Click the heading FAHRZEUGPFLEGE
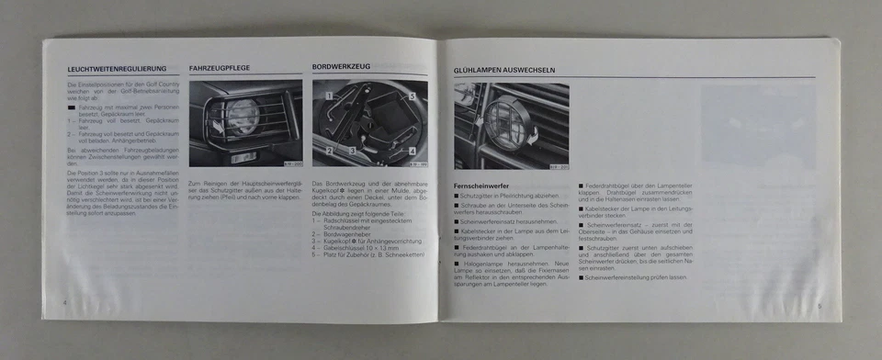[x=220, y=68]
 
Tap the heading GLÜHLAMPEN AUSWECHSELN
[x=504, y=70]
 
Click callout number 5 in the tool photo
[x=413, y=96]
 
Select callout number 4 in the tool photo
[x=413, y=152]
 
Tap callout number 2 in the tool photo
[x=328, y=149]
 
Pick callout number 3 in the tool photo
[x=351, y=150]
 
